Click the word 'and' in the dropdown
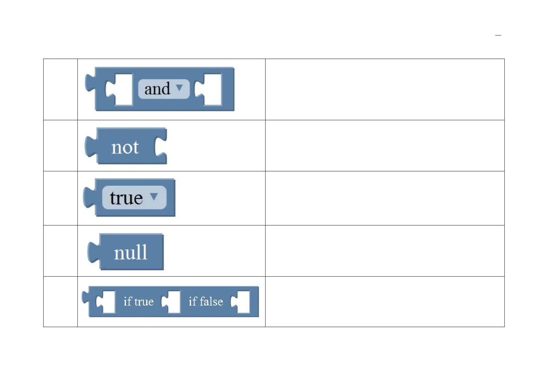(x=157, y=89)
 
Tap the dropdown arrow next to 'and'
(x=179, y=88)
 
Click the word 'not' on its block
(x=125, y=147)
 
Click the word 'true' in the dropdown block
(x=126, y=198)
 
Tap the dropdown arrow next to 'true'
(x=154, y=196)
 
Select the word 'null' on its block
(x=131, y=252)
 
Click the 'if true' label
(x=139, y=302)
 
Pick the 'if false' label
(x=206, y=302)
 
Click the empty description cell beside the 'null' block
(x=385, y=251)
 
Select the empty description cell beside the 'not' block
(x=385, y=146)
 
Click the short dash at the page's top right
(x=498, y=35)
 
